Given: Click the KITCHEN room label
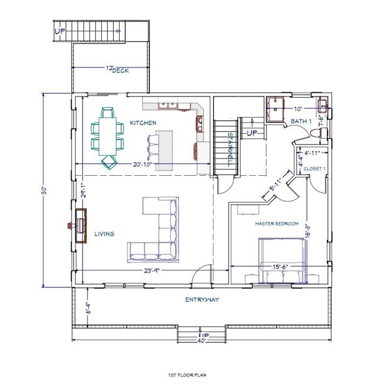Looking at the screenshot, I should [143, 122].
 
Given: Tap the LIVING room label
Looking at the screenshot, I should [104, 234].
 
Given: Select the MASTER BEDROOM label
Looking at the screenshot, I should [277, 224].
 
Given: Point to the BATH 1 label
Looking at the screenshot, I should [300, 121].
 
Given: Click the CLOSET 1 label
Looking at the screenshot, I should [315, 169].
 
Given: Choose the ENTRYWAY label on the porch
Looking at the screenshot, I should [202, 299].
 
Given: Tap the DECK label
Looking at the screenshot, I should [121, 70].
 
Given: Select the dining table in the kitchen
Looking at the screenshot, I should [108, 136].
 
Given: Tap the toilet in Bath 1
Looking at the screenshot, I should [322, 134].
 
